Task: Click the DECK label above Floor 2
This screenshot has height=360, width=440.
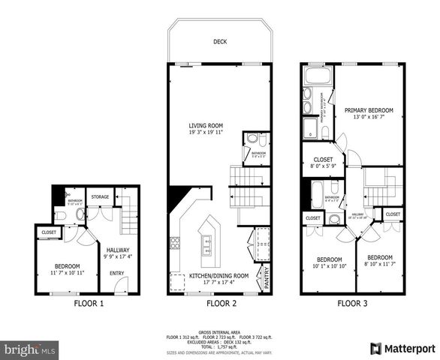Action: tap(219, 43)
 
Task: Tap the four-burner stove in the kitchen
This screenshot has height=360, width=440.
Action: tap(175, 241)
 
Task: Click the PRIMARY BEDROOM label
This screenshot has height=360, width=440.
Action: tap(369, 110)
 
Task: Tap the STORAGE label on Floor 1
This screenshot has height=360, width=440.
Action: tap(100, 197)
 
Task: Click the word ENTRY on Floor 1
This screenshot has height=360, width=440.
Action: tap(119, 273)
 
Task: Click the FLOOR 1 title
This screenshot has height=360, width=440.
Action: tap(89, 304)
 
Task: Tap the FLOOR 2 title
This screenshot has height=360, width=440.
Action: tap(218, 304)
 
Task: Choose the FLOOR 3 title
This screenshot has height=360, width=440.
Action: tap(352, 304)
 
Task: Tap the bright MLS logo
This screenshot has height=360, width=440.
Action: tap(30, 349)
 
